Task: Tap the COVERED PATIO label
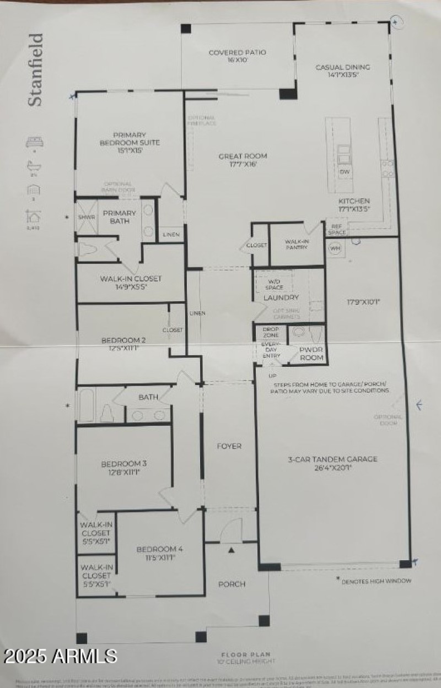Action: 237,56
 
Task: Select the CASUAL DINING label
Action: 342,71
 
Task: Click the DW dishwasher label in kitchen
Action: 345,172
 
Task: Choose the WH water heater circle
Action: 335,248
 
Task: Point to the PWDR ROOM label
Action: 310,354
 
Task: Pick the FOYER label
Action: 229,446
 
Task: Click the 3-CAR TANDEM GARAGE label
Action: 332,463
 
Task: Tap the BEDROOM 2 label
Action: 123,344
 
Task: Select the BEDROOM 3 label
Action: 123,467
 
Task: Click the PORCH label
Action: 232,584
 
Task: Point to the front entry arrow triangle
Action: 232,549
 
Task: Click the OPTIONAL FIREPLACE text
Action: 201,121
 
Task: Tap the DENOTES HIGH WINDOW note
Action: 374,581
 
